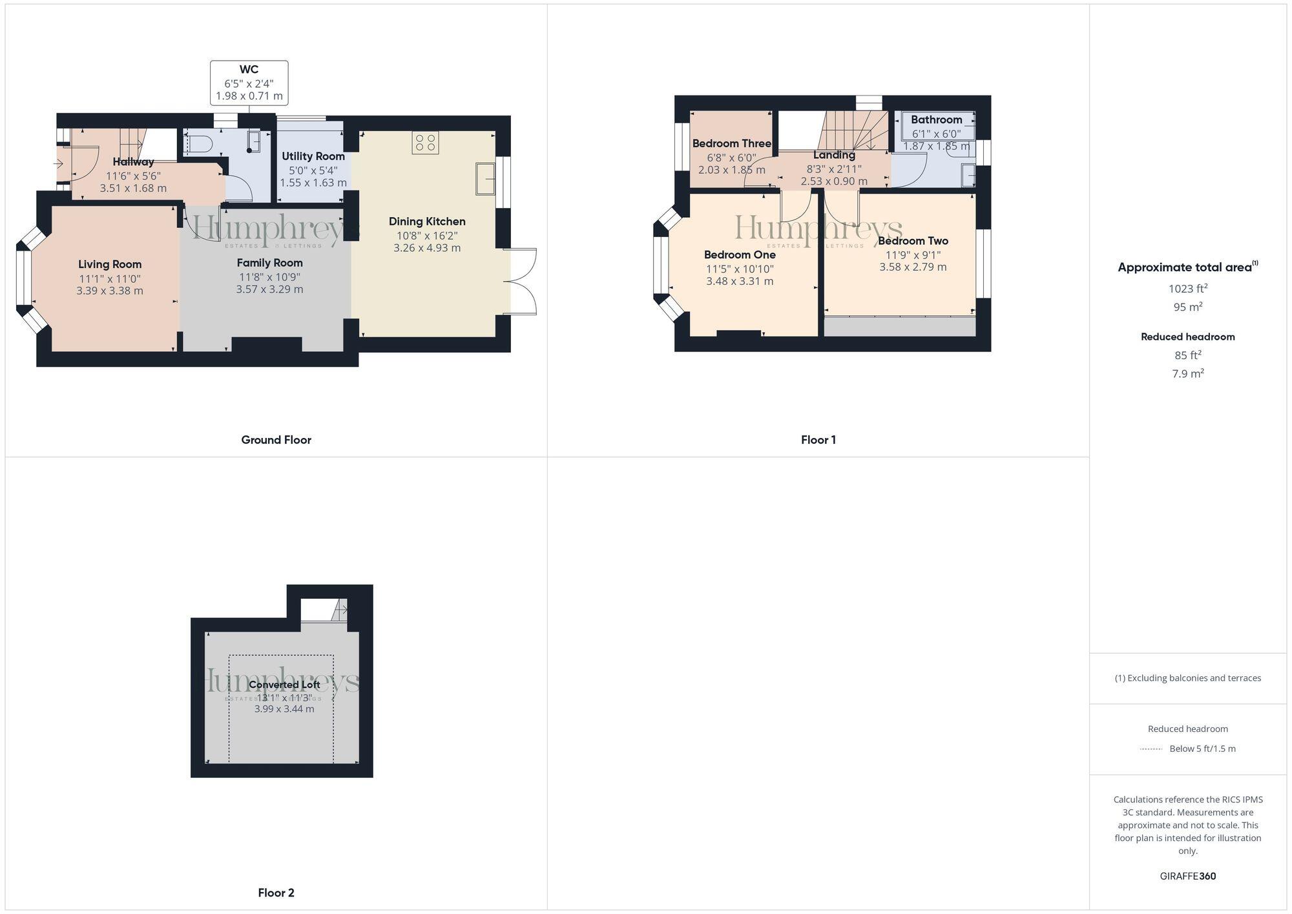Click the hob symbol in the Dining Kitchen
pos(425,143)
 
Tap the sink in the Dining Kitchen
pos(485,179)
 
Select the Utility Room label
pos(313,156)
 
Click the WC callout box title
pos(249,70)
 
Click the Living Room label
pos(110,264)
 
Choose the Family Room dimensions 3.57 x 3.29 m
pos(269,289)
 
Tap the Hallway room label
pos(133,162)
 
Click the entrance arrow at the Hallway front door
pos(58,163)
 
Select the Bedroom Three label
pos(731,143)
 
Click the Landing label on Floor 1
pos(834,155)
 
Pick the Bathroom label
pos(936,119)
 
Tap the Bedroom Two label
pos(913,241)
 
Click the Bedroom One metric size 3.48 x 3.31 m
pos(740,282)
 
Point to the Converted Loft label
pos(284,685)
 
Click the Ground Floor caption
pos(276,440)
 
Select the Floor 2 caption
pos(276,893)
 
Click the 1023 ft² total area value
pos(1187,289)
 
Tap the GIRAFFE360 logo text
pos(1187,877)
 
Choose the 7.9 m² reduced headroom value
pos(1187,373)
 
